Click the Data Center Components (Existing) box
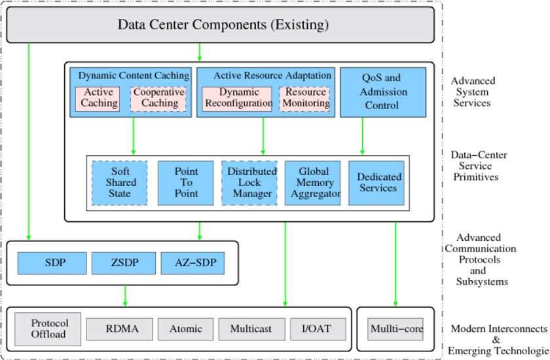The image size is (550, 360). pos(220,25)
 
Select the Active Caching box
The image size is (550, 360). pos(98,99)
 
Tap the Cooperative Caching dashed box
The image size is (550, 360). pos(158,99)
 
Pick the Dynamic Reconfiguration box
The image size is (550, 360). pos(237,99)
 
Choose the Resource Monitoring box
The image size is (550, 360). pos(304,99)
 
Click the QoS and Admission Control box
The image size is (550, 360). pos(383,92)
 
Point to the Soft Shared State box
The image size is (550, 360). pos(119,183)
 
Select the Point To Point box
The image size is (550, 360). pos(185,183)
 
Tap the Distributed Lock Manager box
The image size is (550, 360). pos(249,183)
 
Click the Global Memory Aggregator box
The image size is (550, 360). pos(312,183)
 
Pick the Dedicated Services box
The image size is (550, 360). pos(376,183)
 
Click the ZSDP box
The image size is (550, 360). pos(124,263)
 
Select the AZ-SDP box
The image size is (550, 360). pos(192,263)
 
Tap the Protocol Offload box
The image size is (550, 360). pos(48,329)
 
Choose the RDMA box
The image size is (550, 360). pos(120,329)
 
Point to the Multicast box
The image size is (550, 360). pos(252,329)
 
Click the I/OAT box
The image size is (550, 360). pos(318,329)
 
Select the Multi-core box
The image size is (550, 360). pos(395,329)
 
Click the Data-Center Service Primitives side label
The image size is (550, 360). pos(479,166)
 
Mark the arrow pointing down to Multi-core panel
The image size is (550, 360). pos(395,264)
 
